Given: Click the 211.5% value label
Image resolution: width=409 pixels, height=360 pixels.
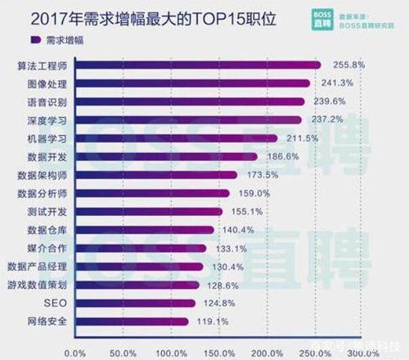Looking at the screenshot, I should (302, 138).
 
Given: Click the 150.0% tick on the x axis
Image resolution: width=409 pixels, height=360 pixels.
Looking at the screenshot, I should (219, 353).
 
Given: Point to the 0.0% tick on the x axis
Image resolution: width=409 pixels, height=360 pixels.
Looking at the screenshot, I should (74, 353).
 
